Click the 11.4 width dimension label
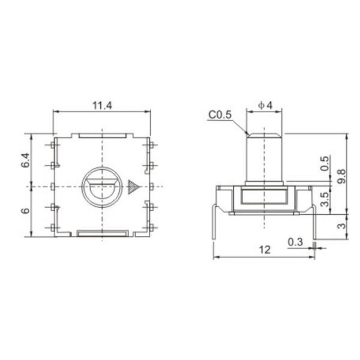(102, 106)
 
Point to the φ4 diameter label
(265, 106)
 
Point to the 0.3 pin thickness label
(295, 242)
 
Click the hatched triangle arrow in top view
(132, 187)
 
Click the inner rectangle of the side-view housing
(264, 196)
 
